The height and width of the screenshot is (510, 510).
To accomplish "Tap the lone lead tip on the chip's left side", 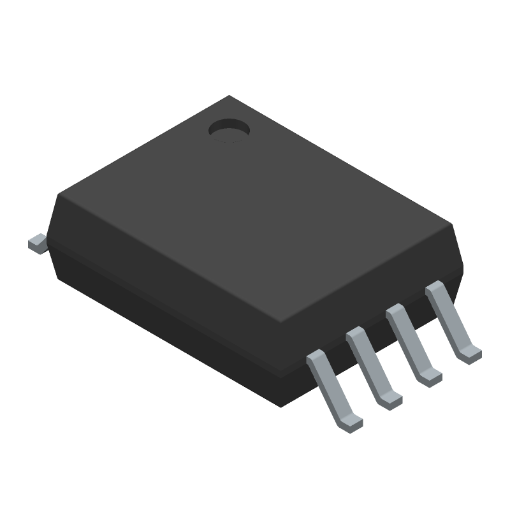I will point(36,244).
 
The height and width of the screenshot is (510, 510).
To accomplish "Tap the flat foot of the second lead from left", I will point(391,400).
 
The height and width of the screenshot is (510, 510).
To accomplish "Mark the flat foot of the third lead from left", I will point(431,377).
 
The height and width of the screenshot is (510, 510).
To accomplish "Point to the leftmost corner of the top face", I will point(59,194).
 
